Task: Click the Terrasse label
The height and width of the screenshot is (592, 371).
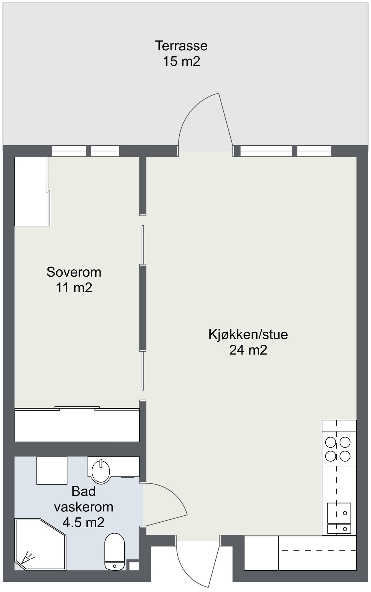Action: (181, 46)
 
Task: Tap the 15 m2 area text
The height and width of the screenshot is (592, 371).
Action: (181, 62)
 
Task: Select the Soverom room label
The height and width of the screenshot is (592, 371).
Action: (74, 272)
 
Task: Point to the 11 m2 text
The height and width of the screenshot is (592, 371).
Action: (74, 288)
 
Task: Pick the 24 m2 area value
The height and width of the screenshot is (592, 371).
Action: (248, 350)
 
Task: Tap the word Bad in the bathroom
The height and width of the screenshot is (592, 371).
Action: (83, 491)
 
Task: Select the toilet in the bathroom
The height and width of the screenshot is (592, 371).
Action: (114, 551)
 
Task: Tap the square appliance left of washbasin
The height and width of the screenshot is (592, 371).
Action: (52, 470)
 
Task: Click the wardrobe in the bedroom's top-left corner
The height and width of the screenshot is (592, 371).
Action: (32, 191)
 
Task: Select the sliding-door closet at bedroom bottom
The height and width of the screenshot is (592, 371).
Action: (77, 425)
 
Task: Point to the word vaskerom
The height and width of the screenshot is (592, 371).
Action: (83, 507)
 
